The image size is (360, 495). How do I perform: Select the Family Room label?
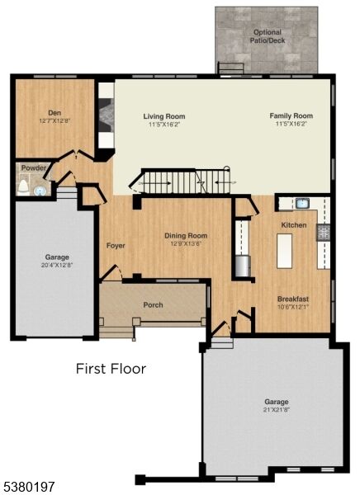[x=291, y=116]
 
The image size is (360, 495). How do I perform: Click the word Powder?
[x=34, y=168]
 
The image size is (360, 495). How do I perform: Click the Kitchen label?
[x=294, y=225]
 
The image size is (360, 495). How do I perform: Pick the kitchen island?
[x=284, y=251]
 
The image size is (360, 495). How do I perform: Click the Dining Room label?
[x=185, y=236]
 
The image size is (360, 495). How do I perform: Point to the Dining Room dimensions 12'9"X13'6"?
[x=185, y=244]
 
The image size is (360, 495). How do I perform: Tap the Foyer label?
[x=115, y=246]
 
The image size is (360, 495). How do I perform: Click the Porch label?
[x=153, y=304]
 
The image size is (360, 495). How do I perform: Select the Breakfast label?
[x=293, y=299]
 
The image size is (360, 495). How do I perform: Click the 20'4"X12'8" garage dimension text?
[x=57, y=265]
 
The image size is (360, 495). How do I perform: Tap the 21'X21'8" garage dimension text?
[x=277, y=410]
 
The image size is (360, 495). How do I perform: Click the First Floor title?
[x=111, y=368]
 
